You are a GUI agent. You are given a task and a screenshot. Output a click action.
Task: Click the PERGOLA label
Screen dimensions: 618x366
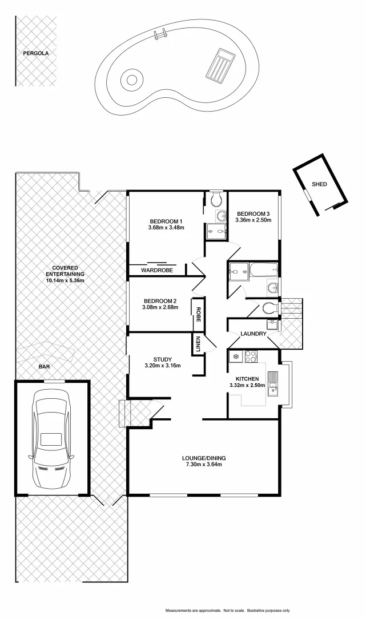click(x=36, y=53)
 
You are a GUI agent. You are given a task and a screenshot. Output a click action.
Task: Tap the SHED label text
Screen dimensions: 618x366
click(x=320, y=185)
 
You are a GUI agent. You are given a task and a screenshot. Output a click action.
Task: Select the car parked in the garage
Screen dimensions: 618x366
click(x=51, y=438)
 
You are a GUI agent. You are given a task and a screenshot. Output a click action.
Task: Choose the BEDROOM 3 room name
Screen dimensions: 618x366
click(x=254, y=213)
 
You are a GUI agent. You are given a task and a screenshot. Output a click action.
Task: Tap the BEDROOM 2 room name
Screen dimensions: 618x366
click(x=160, y=301)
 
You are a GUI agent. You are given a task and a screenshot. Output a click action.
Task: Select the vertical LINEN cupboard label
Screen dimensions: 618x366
click(x=198, y=344)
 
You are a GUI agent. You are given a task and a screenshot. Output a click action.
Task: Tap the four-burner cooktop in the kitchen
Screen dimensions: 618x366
click(x=251, y=356)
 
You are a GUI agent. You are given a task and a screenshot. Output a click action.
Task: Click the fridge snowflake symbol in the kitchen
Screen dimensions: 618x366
click(x=234, y=356)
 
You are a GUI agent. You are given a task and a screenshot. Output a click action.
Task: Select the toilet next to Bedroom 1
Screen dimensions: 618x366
click(x=216, y=200)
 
